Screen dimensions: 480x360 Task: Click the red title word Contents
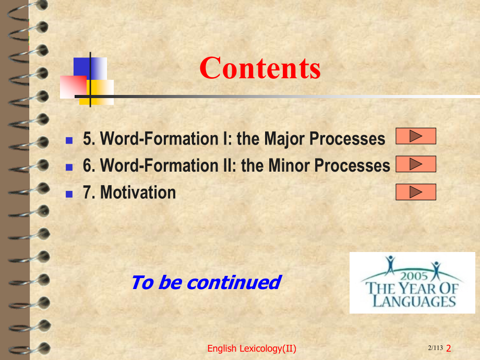coord(260,68)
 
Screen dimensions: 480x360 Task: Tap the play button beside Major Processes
coord(416,136)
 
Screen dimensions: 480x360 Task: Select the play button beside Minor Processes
coord(416,164)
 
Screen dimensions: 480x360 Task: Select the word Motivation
coord(138,193)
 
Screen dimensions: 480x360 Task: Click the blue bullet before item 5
coord(69,140)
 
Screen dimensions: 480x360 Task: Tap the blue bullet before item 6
coord(69,167)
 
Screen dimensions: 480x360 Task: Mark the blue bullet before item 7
coord(69,194)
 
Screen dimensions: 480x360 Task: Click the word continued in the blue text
coord(234,282)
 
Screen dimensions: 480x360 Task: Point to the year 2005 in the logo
coord(414,276)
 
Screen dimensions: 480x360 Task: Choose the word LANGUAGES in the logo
coord(414,301)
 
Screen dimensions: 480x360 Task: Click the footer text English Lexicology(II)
coord(251,349)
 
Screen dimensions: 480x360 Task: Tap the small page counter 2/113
coord(435,348)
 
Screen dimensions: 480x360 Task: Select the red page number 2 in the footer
coord(449,349)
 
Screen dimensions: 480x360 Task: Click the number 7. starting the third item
coord(89,193)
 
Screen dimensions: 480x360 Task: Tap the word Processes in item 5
coord(347,139)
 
